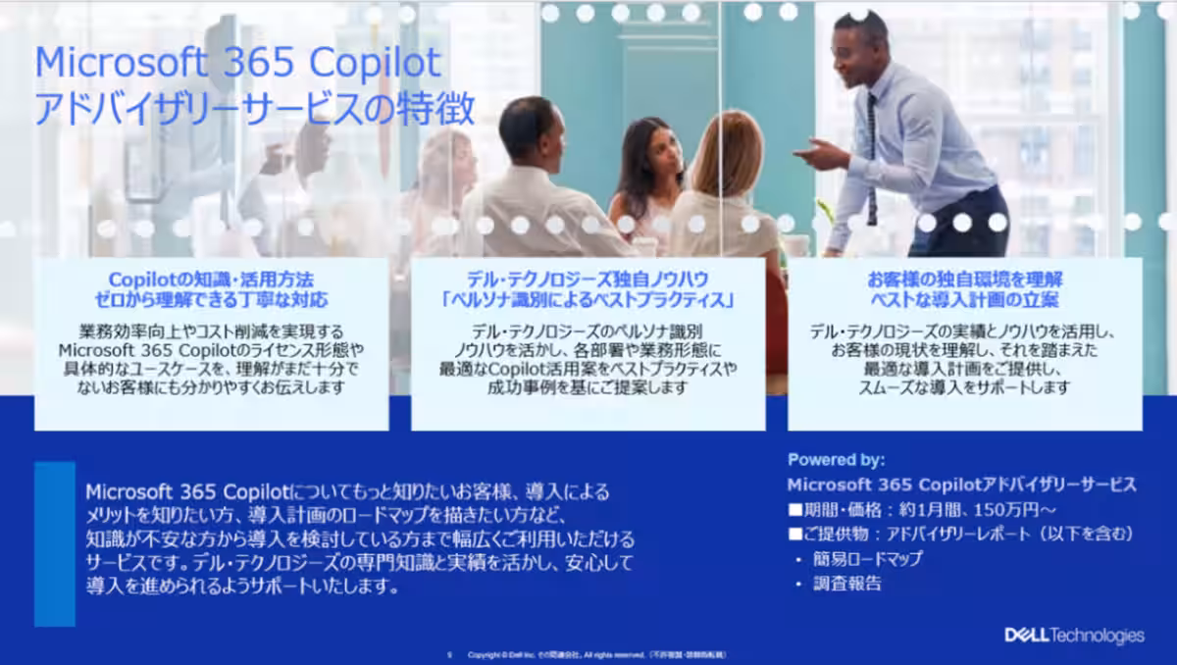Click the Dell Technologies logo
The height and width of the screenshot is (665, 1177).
[x=1074, y=636]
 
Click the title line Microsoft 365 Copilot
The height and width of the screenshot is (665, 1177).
[x=238, y=64]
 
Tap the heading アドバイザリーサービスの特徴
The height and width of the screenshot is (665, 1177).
[x=255, y=109]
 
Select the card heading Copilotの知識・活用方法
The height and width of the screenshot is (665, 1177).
[x=212, y=280]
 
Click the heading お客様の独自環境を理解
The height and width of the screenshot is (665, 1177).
[x=965, y=280]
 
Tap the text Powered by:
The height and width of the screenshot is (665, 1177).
[x=836, y=459]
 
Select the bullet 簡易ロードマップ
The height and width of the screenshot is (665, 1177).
[x=867, y=559]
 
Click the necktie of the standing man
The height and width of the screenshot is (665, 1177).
[x=871, y=157]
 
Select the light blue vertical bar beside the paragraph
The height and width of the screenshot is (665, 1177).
[x=55, y=543]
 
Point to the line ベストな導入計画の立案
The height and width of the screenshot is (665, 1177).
[x=965, y=298]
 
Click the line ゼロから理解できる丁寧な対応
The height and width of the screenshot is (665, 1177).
[x=212, y=298]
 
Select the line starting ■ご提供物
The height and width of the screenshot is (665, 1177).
[x=960, y=535]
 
